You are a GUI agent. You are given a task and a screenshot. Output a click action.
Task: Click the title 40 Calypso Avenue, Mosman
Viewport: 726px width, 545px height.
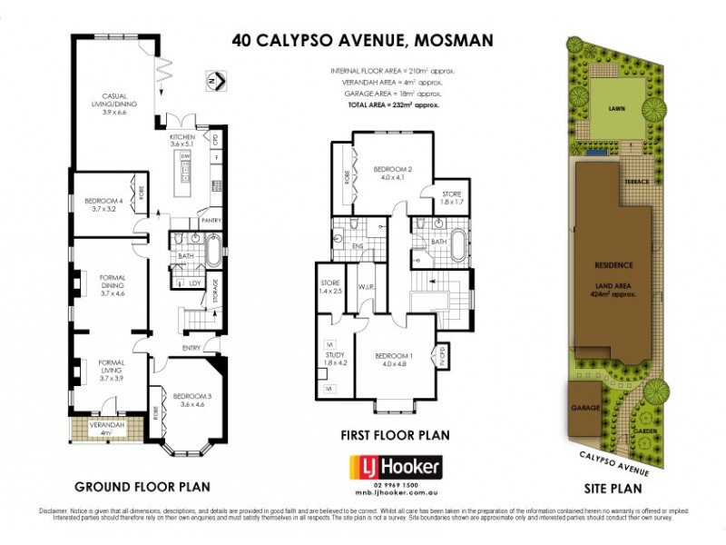[363, 39]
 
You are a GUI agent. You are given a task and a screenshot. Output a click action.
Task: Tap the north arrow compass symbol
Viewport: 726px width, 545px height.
[214, 81]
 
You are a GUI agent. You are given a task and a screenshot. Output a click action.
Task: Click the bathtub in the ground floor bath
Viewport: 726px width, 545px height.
[214, 252]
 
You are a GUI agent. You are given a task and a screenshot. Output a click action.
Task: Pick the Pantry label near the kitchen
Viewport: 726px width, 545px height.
[211, 221]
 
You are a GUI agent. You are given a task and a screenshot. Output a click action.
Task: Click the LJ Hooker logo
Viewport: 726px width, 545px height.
[396, 468]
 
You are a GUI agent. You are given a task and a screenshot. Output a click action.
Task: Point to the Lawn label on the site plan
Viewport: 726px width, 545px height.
[617, 107]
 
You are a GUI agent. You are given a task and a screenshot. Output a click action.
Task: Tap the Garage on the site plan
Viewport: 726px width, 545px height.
[584, 409]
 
